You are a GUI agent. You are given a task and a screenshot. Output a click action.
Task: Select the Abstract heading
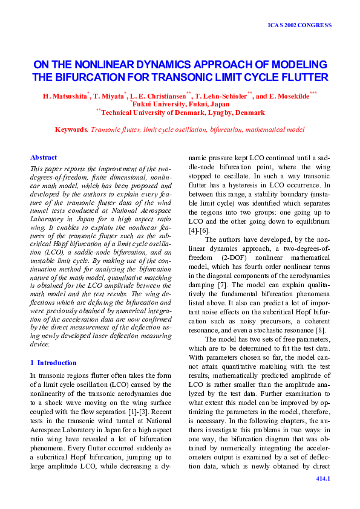pyautogui.click(x=44, y=157)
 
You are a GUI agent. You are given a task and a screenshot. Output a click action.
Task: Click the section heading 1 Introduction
pyautogui.click(x=53, y=363)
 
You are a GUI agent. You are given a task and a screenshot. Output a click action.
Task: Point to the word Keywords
pyautogui.click(x=71, y=129)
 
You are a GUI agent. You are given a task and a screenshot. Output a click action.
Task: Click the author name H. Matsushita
pyautogui.click(x=65, y=96)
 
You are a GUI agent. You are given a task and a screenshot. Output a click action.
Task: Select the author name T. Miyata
pyautogui.click(x=109, y=96)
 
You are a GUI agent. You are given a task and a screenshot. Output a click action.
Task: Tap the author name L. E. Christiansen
pyautogui.click(x=159, y=96)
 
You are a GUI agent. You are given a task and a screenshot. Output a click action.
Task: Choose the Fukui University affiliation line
pyautogui.click(x=181, y=104)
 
